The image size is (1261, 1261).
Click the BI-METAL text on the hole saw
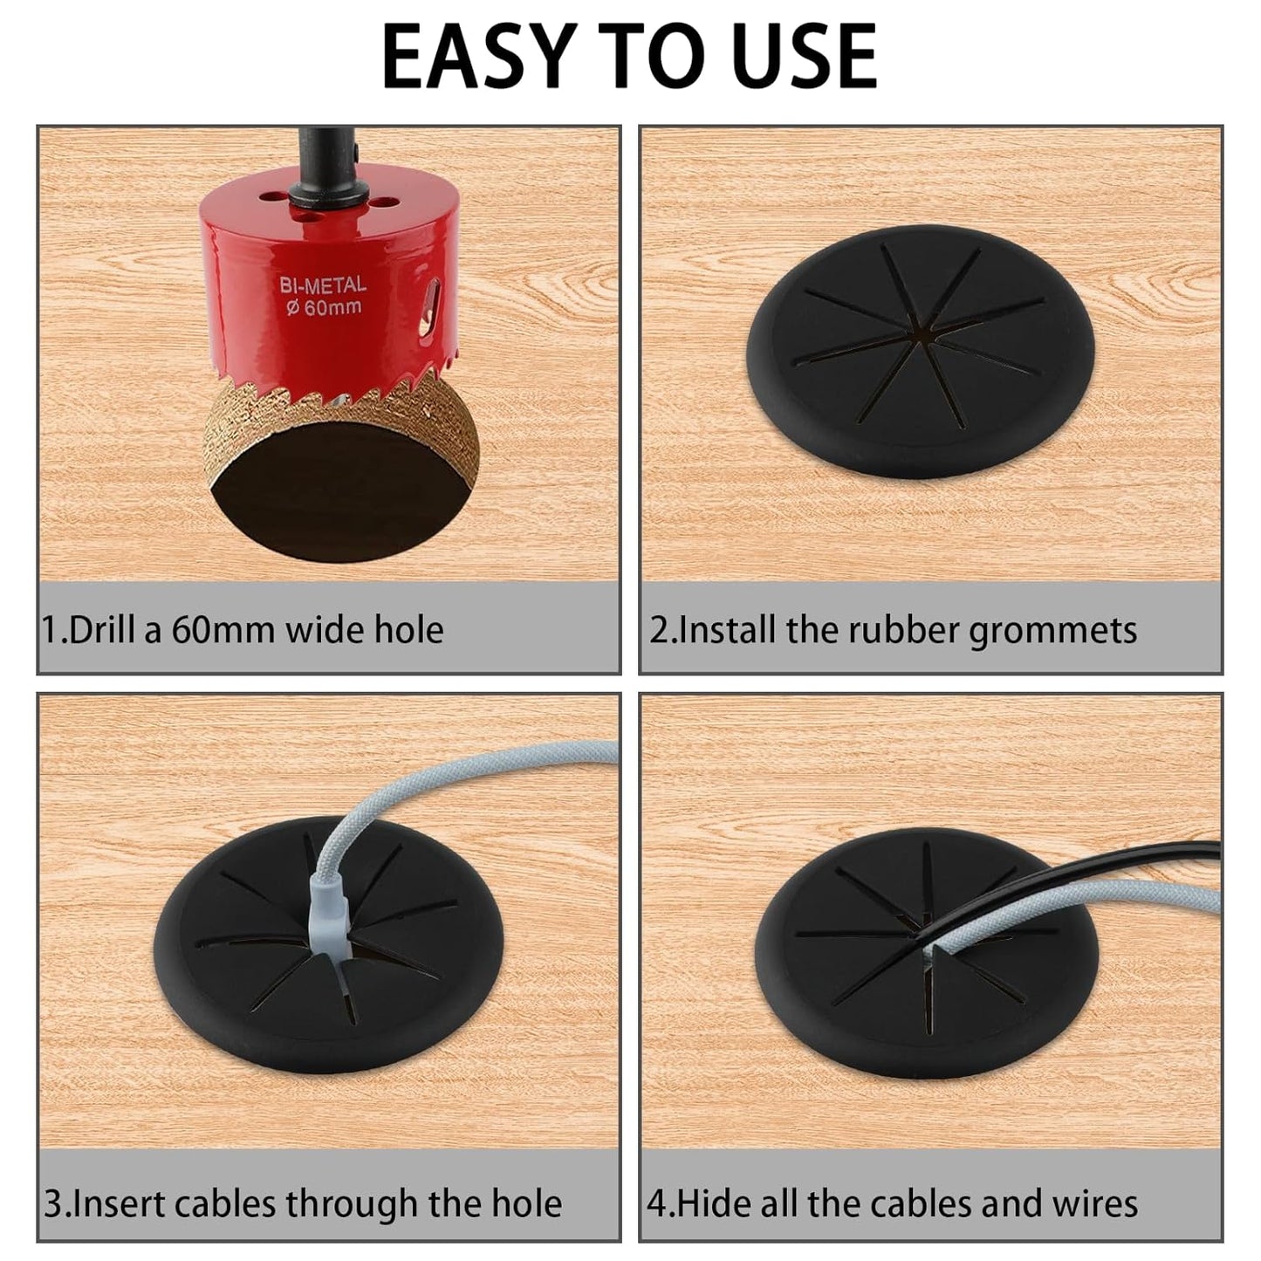[322, 285]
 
